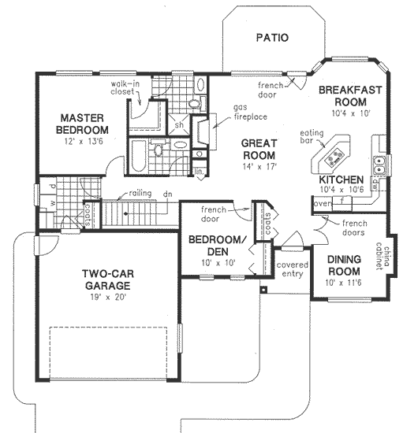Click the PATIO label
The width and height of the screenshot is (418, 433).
tap(272, 37)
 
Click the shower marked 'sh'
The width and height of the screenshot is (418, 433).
tap(179, 125)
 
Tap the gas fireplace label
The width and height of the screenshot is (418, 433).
tap(248, 112)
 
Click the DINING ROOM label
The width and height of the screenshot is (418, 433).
tap(343, 265)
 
